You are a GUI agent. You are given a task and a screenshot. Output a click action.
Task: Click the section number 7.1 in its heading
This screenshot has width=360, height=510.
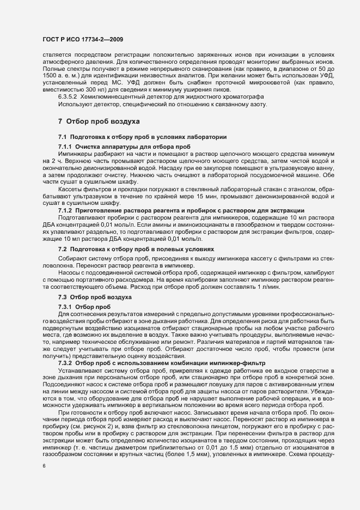[63, 136]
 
